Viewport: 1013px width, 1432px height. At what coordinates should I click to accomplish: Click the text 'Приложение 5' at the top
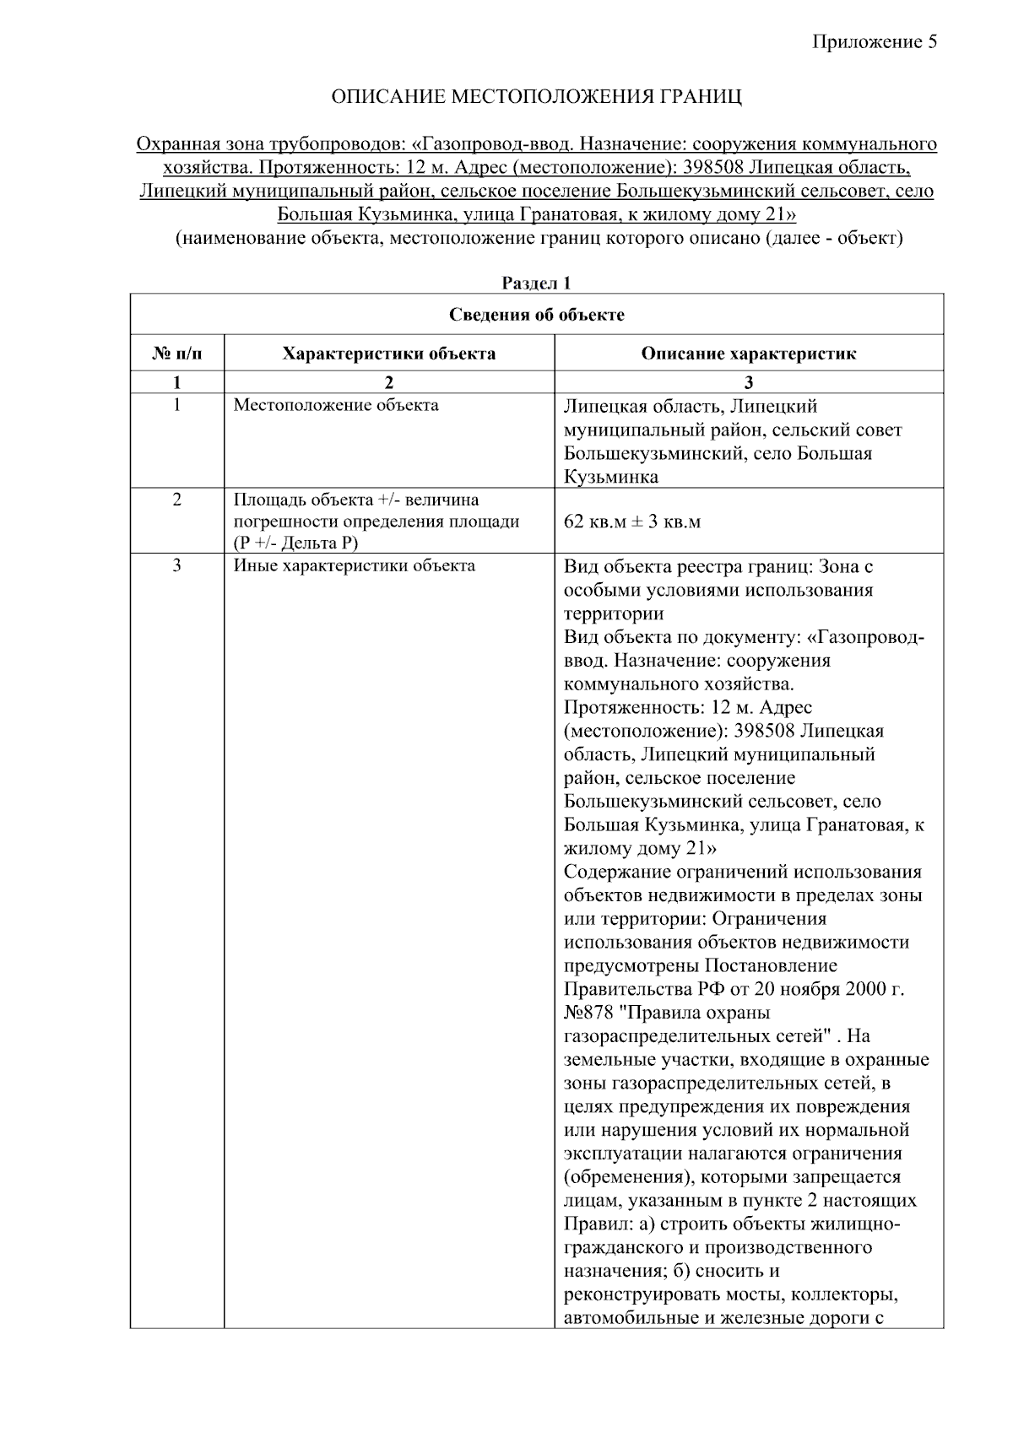click(x=875, y=43)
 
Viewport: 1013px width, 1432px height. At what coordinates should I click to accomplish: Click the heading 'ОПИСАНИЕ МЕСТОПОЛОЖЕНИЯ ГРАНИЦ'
click(x=536, y=97)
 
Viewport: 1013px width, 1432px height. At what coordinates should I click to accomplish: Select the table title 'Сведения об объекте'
click(x=536, y=316)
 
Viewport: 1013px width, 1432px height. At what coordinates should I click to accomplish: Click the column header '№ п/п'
click(x=176, y=354)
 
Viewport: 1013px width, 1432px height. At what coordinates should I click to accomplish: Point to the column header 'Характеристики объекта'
click(x=388, y=354)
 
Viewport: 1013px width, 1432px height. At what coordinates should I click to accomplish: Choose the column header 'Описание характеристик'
click(x=748, y=354)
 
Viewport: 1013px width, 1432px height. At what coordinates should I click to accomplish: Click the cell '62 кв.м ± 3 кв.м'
click(x=631, y=521)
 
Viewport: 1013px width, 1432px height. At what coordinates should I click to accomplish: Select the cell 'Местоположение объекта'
click(x=336, y=406)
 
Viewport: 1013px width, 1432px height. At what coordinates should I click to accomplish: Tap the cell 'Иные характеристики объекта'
click(x=354, y=566)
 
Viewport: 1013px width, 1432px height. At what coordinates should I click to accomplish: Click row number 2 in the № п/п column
click(x=176, y=500)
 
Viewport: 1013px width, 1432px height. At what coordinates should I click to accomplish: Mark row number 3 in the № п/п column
click(x=176, y=566)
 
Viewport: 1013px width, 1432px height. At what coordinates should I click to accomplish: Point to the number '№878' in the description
click(x=588, y=1013)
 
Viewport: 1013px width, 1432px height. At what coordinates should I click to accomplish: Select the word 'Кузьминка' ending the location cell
click(x=610, y=477)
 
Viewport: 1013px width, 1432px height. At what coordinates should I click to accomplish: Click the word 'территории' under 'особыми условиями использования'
click(x=613, y=613)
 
